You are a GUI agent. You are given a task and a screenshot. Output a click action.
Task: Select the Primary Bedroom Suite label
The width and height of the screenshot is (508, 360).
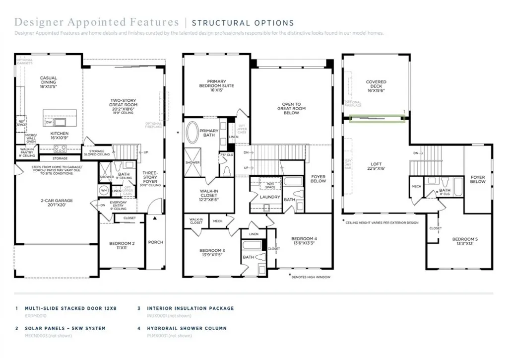click(x=217, y=85)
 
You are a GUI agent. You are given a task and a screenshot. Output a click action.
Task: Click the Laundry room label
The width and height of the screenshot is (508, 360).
click(x=270, y=197)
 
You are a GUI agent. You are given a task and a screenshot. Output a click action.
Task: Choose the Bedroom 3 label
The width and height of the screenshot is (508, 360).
click(x=212, y=253)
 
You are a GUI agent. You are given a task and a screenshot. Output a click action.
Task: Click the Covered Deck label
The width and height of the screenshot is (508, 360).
click(x=376, y=86)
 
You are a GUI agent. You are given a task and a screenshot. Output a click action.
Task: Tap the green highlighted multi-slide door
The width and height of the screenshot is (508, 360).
click(x=377, y=118)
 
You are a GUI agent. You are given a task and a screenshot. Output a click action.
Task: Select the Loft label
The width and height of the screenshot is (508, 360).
click(x=377, y=166)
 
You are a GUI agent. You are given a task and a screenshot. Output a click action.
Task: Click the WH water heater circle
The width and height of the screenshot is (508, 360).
click(x=103, y=190)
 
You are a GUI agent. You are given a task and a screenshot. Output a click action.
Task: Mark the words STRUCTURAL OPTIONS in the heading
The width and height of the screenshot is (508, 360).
click(x=243, y=23)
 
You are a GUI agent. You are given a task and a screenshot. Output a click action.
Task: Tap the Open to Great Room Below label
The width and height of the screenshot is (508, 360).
click(x=291, y=108)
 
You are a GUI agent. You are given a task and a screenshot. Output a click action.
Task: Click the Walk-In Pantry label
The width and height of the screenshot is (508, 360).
click(x=27, y=151)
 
